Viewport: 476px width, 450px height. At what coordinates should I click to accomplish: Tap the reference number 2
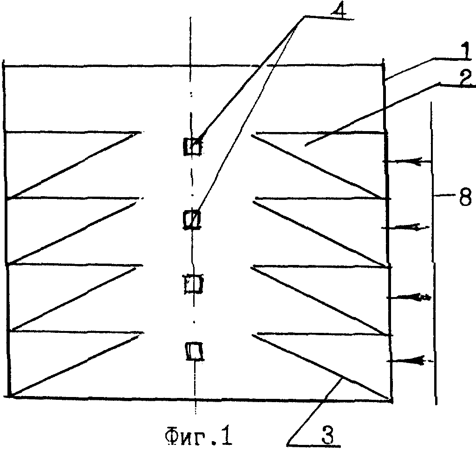pyautogui.click(x=466, y=78)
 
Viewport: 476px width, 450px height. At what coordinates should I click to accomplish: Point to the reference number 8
pyautogui.click(x=465, y=198)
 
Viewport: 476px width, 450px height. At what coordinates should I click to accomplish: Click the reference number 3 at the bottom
pyautogui.click(x=327, y=435)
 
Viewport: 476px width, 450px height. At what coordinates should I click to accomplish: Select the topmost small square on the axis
pyautogui.click(x=192, y=146)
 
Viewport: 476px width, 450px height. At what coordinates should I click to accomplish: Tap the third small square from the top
pyautogui.click(x=194, y=284)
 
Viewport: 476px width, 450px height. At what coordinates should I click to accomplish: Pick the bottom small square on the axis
pyautogui.click(x=195, y=351)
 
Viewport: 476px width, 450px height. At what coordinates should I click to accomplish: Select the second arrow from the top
pyautogui.click(x=405, y=227)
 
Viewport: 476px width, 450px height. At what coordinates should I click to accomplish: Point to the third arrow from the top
pyautogui.click(x=409, y=298)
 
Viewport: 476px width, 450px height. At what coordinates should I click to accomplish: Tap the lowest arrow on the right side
pyautogui.click(x=410, y=360)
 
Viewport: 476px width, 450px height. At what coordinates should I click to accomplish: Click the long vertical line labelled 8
pyautogui.click(x=433, y=254)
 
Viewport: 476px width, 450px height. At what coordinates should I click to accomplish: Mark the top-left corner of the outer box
pyautogui.click(x=4, y=65)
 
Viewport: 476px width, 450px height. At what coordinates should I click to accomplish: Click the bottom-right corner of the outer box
pyautogui.click(x=391, y=401)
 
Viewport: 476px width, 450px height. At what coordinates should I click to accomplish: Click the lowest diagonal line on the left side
pyautogui.click(x=75, y=365)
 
